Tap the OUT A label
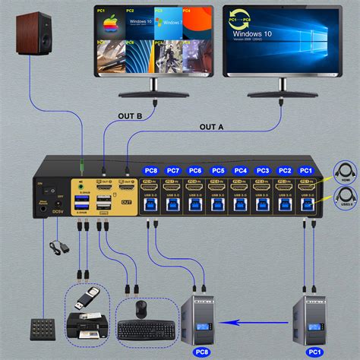[212, 127]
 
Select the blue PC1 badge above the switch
[306, 171]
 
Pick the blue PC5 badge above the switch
[217, 171]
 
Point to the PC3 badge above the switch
[262, 171]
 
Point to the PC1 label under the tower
[313, 352]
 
